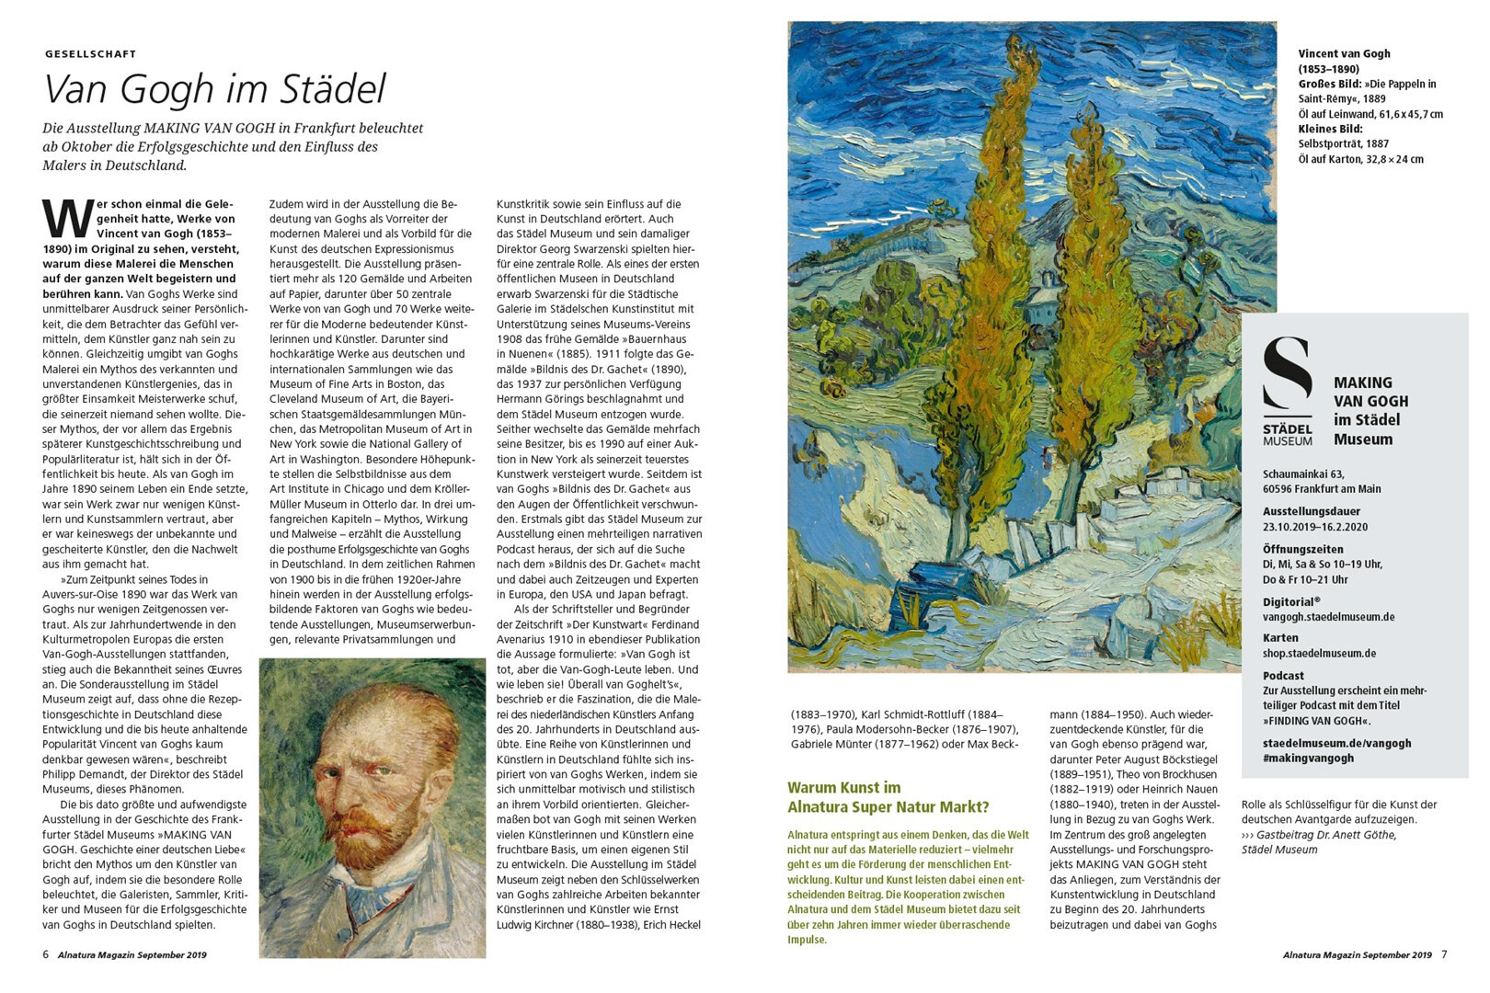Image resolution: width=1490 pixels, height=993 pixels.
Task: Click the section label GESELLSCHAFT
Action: (90, 54)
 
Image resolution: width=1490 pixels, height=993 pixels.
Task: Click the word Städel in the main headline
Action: (333, 89)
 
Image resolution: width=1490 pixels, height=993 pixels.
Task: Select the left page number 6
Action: (46, 954)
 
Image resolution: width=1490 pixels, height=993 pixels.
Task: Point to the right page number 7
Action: (1444, 954)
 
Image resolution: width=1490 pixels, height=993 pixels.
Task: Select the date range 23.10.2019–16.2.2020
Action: (1314, 527)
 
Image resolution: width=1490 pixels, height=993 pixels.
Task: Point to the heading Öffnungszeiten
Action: (1302, 549)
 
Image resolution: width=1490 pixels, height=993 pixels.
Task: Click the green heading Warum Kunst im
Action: (843, 787)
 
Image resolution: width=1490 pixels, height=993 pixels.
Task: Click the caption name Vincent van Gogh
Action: (1344, 53)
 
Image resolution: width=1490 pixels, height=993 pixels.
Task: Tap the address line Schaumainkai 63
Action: (1303, 474)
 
